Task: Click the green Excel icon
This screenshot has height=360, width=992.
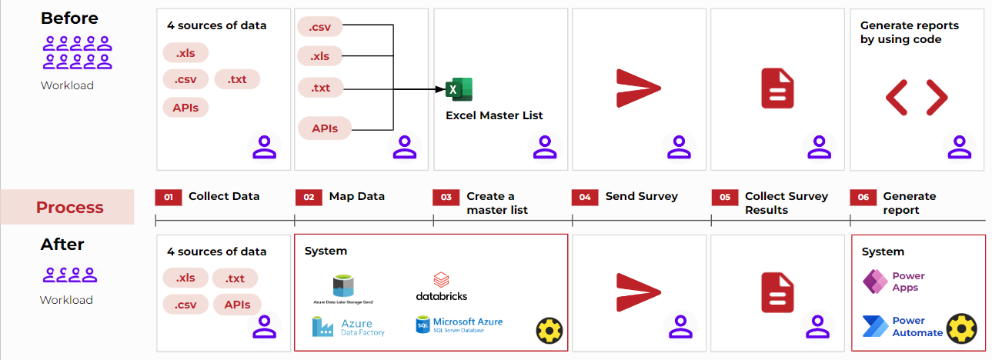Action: click(x=459, y=89)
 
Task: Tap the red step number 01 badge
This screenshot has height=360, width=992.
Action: click(x=169, y=198)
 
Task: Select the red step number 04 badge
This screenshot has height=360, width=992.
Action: click(x=585, y=198)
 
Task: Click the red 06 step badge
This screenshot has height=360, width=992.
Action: click(x=863, y=198)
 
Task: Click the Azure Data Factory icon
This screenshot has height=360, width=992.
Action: click(x=322, y=327)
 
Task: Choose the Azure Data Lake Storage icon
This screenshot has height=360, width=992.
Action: click(x=343, y=286)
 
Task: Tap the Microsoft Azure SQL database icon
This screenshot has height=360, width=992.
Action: click(x=423, y=325)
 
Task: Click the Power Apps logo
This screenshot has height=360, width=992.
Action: click(x=875, y=282)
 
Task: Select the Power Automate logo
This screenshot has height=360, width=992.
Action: click(x=876, y=326)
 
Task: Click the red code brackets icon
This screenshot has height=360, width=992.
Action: click(x=917, y=98)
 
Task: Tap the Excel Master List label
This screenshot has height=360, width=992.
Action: click(x=494, y=115)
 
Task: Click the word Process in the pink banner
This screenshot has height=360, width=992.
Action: click(x=69, y=207)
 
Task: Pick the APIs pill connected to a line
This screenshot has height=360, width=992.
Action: click(x=325, y=128)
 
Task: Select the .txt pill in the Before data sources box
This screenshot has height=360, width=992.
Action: click(x=237, y=79)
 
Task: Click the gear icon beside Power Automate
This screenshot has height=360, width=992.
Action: click(x=961, y=328)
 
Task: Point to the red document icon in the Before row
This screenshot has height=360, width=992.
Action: click(x=777, y=88)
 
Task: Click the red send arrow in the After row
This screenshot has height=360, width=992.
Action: click(x=638, y=293)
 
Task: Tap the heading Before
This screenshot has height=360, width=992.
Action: click(x=69, y=18)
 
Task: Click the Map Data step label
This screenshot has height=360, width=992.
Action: click(x=356, y=196)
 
